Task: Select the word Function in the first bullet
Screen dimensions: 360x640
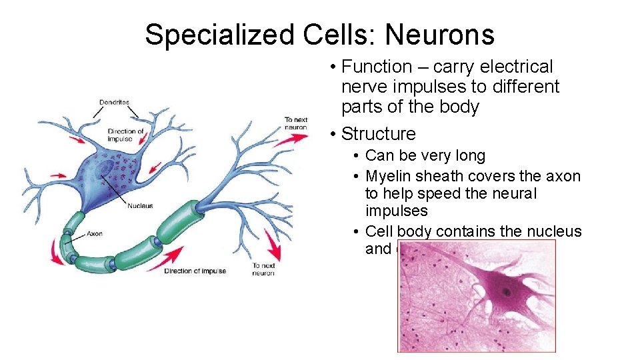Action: point(377,67)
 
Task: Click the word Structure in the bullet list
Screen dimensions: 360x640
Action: point(378,133)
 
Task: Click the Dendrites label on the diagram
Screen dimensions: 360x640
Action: point(114,103)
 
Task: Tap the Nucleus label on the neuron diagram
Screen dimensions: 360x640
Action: point(140,206)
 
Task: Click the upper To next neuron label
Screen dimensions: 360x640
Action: point(296,123)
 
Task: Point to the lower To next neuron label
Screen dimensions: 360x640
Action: point(263,269)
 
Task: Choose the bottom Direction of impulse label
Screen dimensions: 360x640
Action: point(195,271)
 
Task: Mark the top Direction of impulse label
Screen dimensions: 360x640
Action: point(125,135)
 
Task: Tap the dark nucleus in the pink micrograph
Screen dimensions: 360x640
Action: point(508,291)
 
